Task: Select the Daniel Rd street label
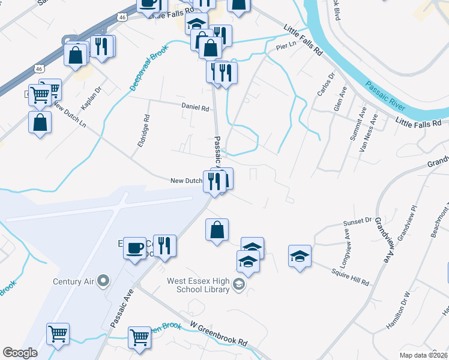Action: tap(196, 109)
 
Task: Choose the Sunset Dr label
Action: tap(358, 221)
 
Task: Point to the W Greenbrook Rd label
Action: tap(218, 333)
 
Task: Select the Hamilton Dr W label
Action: tap(397, 310)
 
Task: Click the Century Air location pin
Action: tap(104, 280)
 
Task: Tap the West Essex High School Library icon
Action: tap(238, 284)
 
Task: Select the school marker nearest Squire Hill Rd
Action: tap(300, 256)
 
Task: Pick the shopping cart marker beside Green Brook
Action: tap(139, 336)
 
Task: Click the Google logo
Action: tap(20, 353)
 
